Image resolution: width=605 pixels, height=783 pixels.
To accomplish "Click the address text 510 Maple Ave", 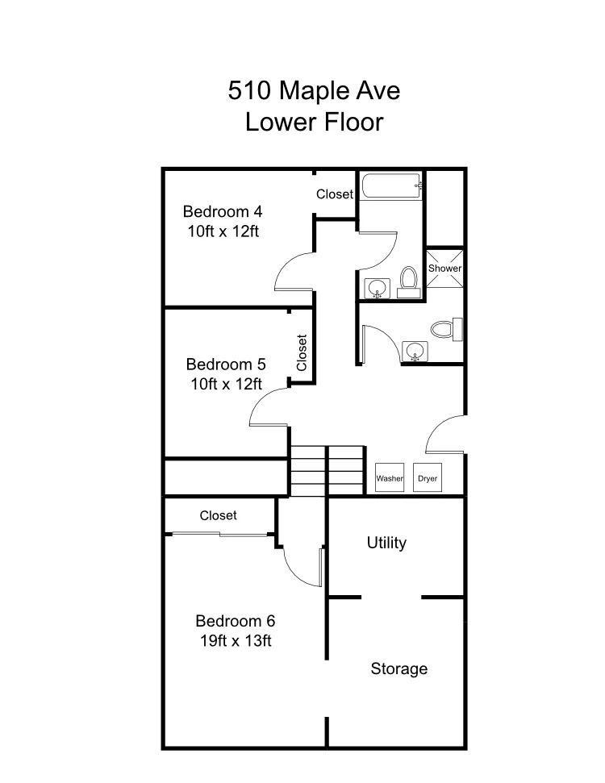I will (314, 90).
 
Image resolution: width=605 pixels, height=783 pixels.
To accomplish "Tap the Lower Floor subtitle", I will (314, 123).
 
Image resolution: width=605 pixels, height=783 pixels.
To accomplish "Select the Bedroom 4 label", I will (223, 212).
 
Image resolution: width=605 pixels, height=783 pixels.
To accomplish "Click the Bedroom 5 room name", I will (226, 363).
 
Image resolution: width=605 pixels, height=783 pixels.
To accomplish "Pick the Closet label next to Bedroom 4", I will (334, 194).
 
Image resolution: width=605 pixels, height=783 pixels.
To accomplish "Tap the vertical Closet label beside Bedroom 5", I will (302, 352).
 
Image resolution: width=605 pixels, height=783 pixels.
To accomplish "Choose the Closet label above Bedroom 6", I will (218, 515).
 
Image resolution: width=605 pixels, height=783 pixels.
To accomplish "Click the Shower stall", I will (444, 269).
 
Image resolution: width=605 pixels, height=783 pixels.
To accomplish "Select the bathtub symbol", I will (391, 186).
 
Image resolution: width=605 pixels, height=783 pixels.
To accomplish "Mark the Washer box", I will (390, 478).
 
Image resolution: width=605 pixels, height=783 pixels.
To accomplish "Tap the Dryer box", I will (428, 478).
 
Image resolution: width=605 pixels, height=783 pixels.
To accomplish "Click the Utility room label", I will (386, 543).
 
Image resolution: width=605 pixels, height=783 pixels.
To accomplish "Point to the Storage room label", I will (398, 668).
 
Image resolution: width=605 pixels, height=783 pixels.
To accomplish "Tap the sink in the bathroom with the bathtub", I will (377, 287).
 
